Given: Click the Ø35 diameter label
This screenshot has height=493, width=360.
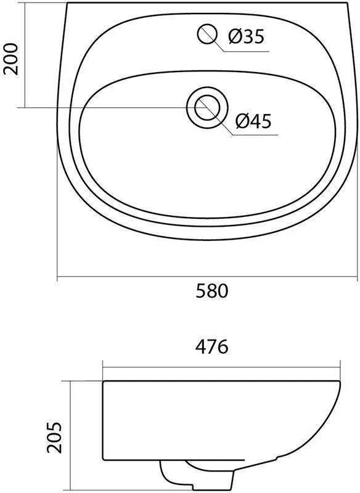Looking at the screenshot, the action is point(246,37).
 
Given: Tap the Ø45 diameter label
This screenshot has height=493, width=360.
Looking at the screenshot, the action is point(253,121).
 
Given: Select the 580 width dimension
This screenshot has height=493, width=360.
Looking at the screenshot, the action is point(211,291).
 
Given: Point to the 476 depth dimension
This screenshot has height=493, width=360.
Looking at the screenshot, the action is point(211,347).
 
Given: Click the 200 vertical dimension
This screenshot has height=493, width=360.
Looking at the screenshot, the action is point(10,59).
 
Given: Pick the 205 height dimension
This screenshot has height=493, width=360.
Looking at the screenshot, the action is point(54,438).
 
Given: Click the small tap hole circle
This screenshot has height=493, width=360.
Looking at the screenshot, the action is point(208,34).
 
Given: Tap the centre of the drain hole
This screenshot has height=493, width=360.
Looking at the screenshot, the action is point(207,108).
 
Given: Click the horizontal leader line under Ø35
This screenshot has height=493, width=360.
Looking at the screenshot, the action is point(247,51).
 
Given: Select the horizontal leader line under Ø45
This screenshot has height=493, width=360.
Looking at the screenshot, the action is point(255,136).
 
